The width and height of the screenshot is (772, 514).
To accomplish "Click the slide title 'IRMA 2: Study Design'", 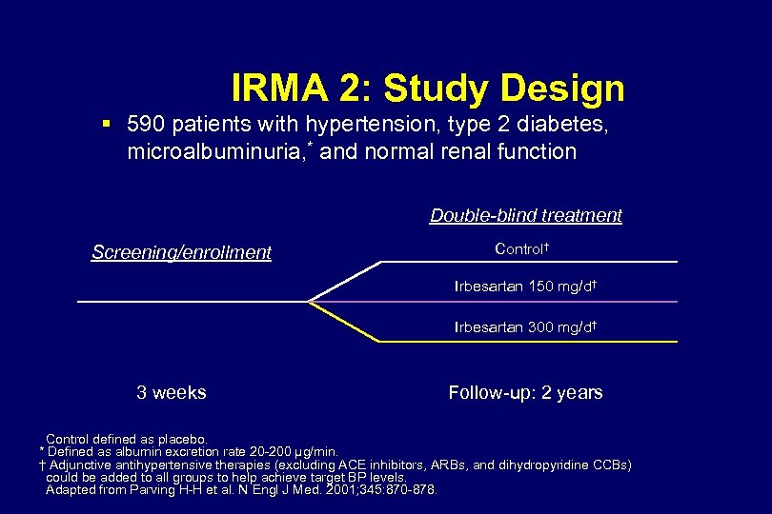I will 428,89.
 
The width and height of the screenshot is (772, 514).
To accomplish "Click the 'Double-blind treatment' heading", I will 525,215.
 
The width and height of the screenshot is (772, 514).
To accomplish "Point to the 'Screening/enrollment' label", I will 181,252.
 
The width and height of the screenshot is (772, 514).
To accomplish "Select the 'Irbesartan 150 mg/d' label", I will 525,286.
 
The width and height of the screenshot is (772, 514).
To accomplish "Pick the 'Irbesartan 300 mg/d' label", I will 525,327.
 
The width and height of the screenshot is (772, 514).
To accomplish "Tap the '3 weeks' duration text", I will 172,392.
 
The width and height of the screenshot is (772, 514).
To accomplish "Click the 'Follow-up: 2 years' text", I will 525,392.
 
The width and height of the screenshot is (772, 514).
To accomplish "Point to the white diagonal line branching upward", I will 344,282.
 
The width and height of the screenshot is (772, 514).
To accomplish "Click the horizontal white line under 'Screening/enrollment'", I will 191,302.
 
